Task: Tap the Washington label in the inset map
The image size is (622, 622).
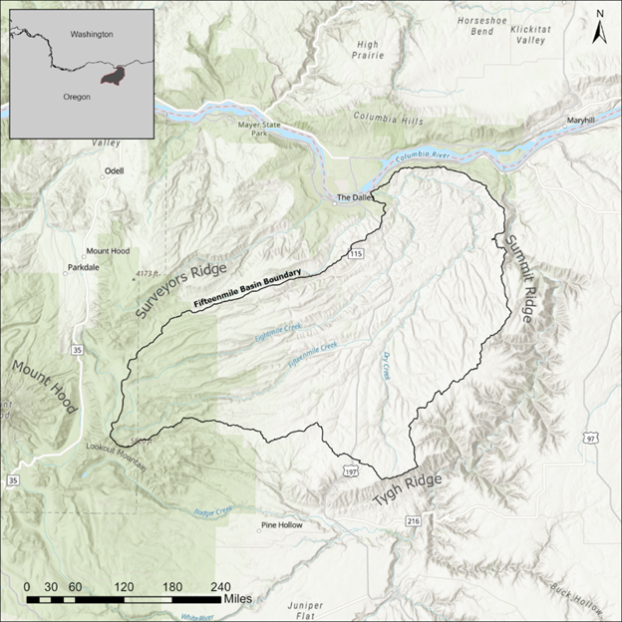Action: coord(91,34)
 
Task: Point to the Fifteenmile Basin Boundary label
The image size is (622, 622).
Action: coord(245,289)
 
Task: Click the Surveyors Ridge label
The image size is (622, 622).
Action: coord(181,291)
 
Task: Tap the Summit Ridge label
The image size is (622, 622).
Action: coord(522,280)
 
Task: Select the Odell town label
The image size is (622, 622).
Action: coord(112,171)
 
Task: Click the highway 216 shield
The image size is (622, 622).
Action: coord(412,521)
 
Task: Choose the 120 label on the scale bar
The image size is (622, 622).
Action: coord(125,586)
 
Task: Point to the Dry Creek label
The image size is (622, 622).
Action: coord(385,366)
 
